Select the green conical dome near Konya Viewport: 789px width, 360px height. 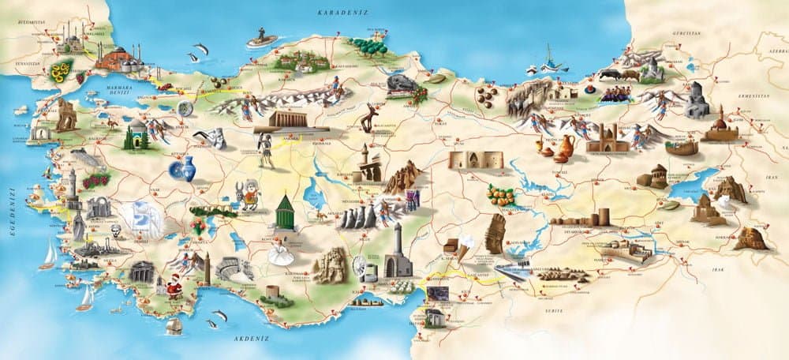click(x=285, y=212)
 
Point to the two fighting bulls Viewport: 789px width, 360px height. click(x=619, y=75)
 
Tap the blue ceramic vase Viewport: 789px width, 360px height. click(x=183, y=168)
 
